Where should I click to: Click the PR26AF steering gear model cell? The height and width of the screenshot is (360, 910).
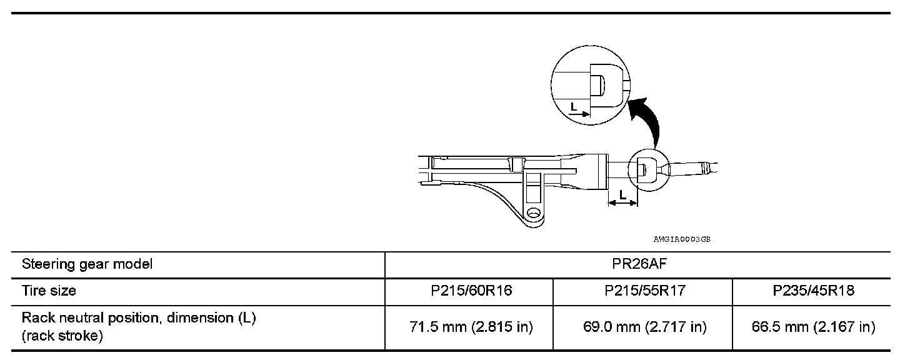(x=639, y=264)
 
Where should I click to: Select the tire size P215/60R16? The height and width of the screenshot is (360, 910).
(x=471, y=291)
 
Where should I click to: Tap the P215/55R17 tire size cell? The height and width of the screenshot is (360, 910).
(x=645, y=291)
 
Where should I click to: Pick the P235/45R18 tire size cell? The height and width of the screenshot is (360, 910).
(x=813, y=291)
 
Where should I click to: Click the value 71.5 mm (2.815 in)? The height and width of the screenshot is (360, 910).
(x=471, y=327)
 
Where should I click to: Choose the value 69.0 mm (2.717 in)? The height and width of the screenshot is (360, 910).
(x=645, y=327)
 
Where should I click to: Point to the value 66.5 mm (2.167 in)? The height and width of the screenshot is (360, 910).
(x=813, y=327)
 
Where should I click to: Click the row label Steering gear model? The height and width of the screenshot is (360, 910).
(x=87, y=264)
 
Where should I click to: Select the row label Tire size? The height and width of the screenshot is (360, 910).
(x=49, y=291)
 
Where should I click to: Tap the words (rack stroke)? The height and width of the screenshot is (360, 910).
(x=62, y=336)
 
